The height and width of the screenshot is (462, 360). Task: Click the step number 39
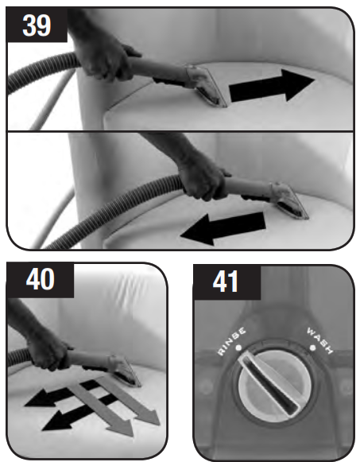pos(37,25)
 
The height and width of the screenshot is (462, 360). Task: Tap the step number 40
pos(40,279)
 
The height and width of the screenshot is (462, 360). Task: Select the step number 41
pos(225,281)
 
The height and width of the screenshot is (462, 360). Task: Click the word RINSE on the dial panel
pos(232,341)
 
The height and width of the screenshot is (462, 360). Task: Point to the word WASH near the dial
pos(320,340)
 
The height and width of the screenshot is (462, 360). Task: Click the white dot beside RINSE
pos(238,347)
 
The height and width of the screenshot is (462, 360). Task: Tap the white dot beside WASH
pos(312,348)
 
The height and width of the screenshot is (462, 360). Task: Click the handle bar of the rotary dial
pos(269,384)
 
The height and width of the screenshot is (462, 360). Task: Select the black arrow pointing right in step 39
pos(272,85)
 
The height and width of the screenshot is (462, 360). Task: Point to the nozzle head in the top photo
pos(206,87)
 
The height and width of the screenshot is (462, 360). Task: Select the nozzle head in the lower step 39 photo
pos(290,201)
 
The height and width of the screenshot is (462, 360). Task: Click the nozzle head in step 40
pos(125,371)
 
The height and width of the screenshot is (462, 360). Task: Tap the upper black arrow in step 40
pos(64,394)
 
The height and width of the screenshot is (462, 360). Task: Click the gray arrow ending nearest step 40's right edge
pos(128,401)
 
